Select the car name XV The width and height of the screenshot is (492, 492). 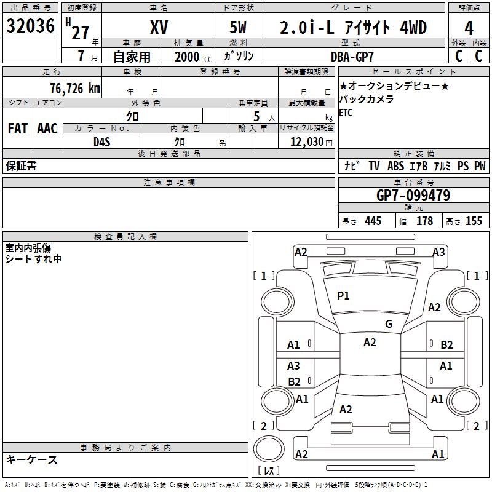click(159, 27)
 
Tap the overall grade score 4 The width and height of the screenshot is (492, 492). click(469, 28)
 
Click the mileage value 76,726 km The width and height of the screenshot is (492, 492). click(74, 88)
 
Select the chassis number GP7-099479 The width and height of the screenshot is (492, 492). click(413, 196)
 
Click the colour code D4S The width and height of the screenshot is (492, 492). click(101, 141)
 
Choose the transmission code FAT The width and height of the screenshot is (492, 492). click(17, 128)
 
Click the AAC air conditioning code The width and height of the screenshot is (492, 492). click(47, 128)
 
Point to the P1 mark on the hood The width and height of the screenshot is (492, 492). click(343, 296)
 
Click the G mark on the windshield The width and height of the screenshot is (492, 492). click(388, 324)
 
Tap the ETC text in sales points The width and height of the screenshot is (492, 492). click(346, 113)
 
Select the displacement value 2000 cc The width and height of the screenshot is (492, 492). click(188, 57)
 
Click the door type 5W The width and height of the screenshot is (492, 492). click(239, 28)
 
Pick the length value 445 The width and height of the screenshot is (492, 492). click(373, 221)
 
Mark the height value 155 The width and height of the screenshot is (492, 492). click(474, 221)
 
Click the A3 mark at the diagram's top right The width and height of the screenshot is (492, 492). click(438, 252)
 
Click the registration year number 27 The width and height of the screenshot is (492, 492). click(81, 33)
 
